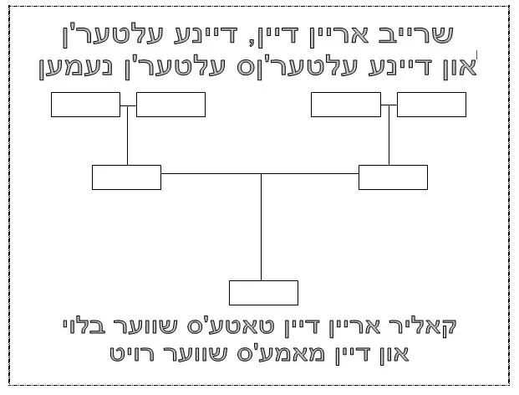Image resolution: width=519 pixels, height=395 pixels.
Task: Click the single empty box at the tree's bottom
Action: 263,293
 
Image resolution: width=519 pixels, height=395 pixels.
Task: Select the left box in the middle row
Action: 126,177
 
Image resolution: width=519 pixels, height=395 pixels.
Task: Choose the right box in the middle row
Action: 393,177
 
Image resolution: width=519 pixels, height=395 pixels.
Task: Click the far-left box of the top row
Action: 85,105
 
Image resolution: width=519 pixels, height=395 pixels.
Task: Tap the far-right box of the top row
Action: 431,105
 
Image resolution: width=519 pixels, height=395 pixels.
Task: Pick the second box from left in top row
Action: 170,105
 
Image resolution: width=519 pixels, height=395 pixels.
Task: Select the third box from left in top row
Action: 346,105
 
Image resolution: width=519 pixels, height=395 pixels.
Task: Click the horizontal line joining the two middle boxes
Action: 209,173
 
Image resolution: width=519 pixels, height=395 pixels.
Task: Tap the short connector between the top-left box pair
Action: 128,105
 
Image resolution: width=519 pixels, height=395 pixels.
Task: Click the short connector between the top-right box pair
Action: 389,105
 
